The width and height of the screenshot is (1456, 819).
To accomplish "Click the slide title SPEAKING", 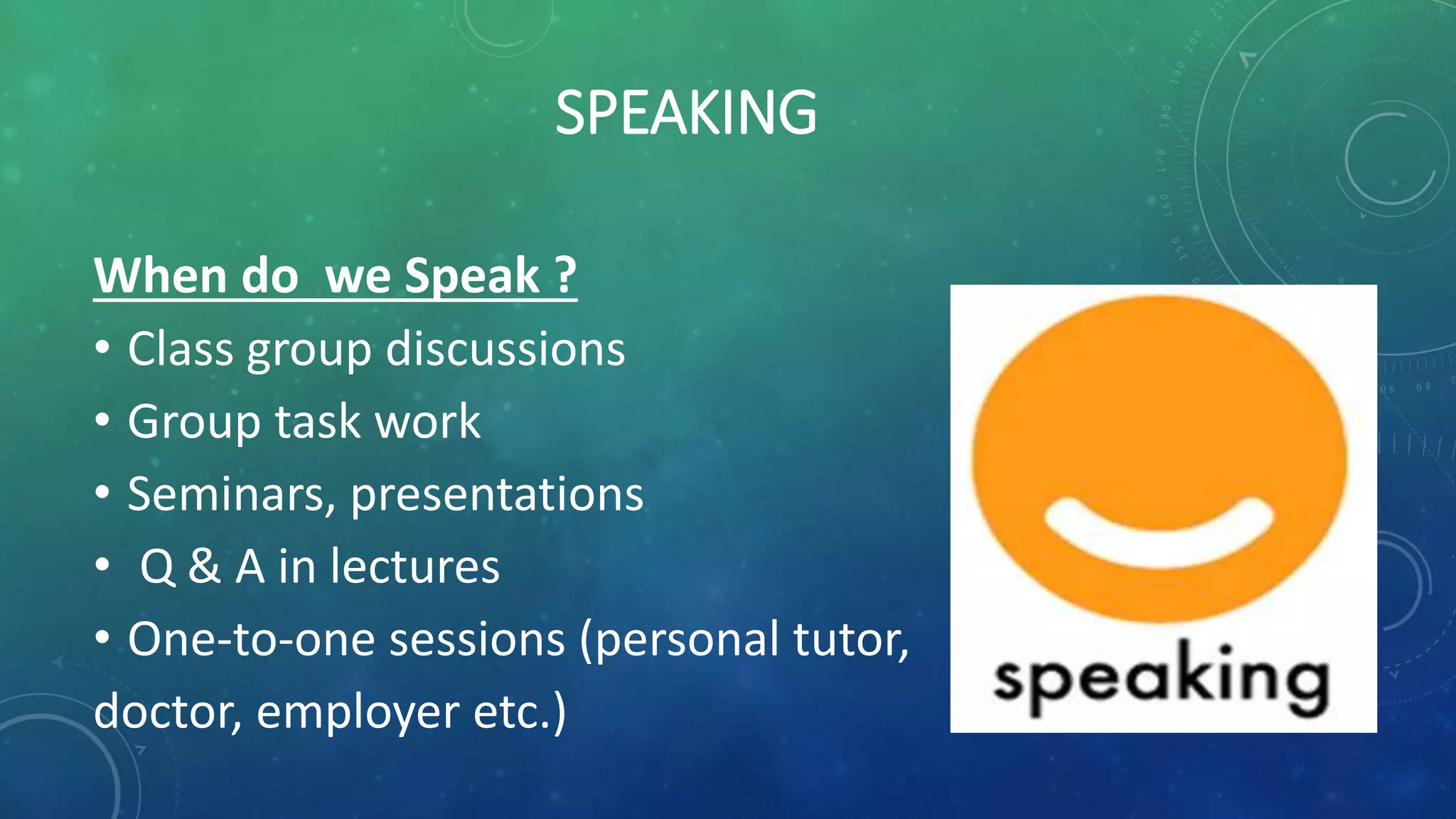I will pos(685,112).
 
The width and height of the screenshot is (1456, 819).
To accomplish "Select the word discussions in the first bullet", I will pos(505,349).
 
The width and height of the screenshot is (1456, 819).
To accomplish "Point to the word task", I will pos(318,422).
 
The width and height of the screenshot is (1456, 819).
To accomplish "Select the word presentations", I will pos(496,496).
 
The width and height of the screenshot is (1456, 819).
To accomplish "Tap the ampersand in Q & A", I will pos(205,567).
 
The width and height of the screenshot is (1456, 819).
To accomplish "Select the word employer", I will pos(358,713).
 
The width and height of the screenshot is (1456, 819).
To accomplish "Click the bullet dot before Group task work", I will pos(102,422).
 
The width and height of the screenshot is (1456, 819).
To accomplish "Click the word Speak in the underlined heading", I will pos(472,277).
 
